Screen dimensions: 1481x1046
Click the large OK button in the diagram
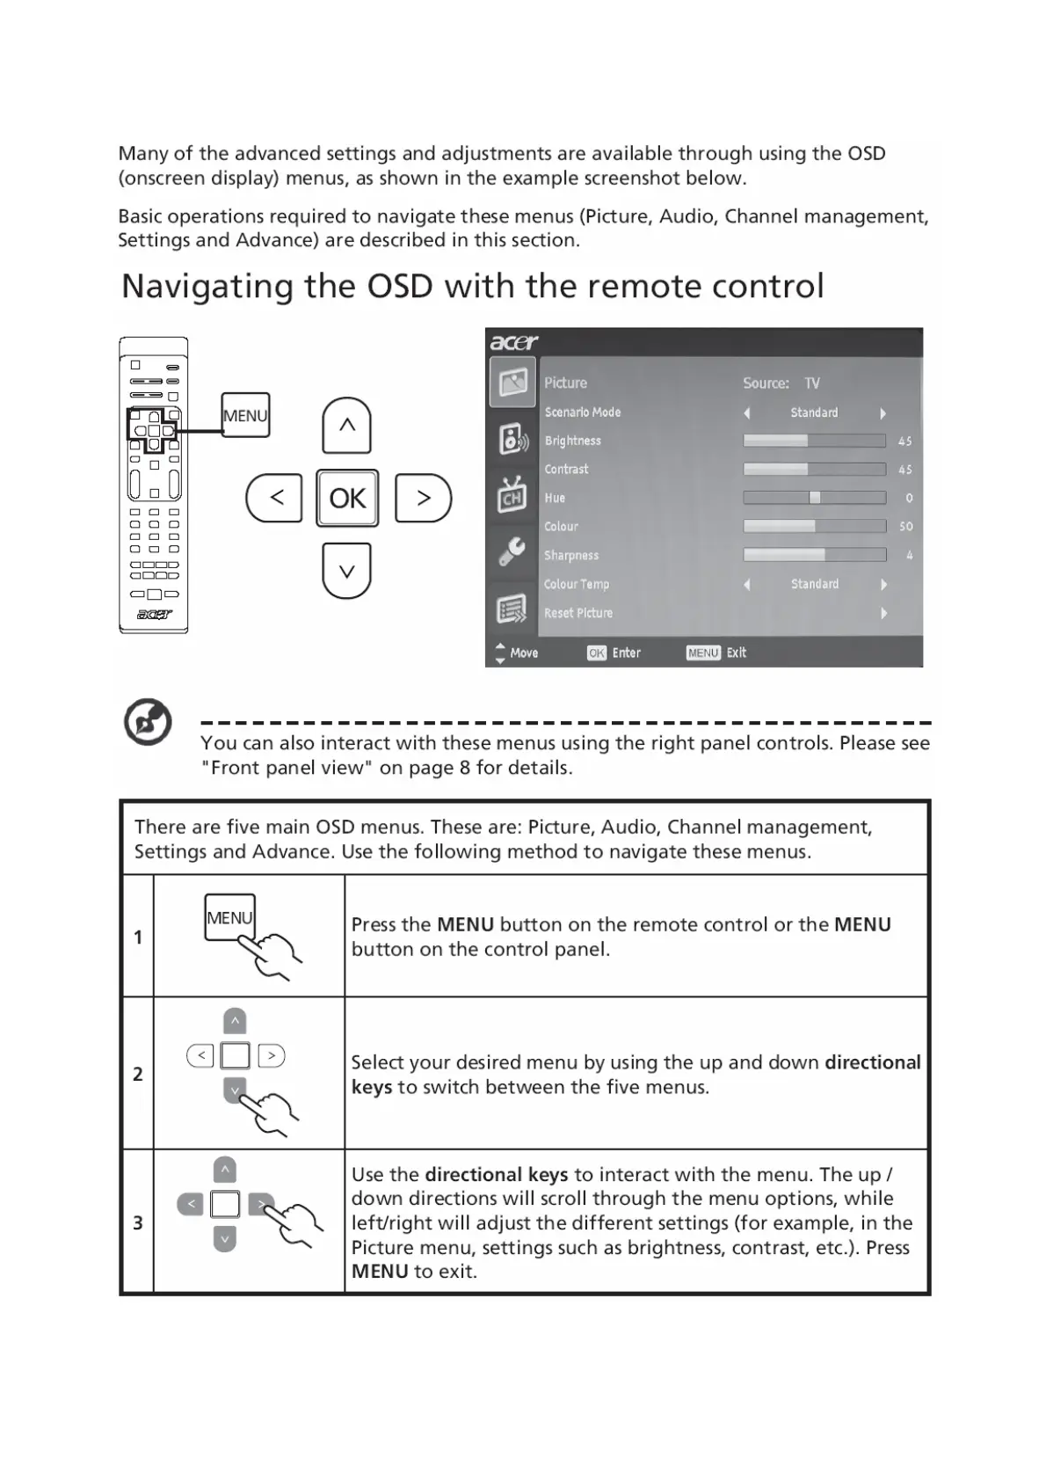coord(347,498)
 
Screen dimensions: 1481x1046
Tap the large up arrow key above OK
coord(347,426)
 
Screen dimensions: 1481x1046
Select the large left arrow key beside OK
coord(275,498)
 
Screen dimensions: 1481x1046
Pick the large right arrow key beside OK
coord(423,498)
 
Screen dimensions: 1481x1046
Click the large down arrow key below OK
coord(347,571)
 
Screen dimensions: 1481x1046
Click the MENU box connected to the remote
coord(245,415)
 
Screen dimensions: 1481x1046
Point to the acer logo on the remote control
coord(154,615)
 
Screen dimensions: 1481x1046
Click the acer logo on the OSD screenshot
coord(513,342)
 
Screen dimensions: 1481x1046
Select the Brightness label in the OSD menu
coord(573,441)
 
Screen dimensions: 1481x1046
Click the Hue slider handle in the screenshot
coord(815,498)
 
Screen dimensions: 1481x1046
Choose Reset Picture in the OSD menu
coord(578,613)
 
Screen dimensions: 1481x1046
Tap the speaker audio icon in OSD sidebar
coord(513,438)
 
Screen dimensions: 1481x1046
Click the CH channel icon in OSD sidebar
coord(512,496)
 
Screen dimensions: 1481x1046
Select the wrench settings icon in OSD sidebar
coord(512,551)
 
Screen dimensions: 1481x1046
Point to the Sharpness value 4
coord(909,556)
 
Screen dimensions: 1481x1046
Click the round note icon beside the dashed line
coord(148,723)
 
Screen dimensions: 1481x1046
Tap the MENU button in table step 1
coord(229,917)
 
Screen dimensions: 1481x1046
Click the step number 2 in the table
coord(138,1074)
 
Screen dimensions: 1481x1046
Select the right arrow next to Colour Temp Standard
coord(883,585)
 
